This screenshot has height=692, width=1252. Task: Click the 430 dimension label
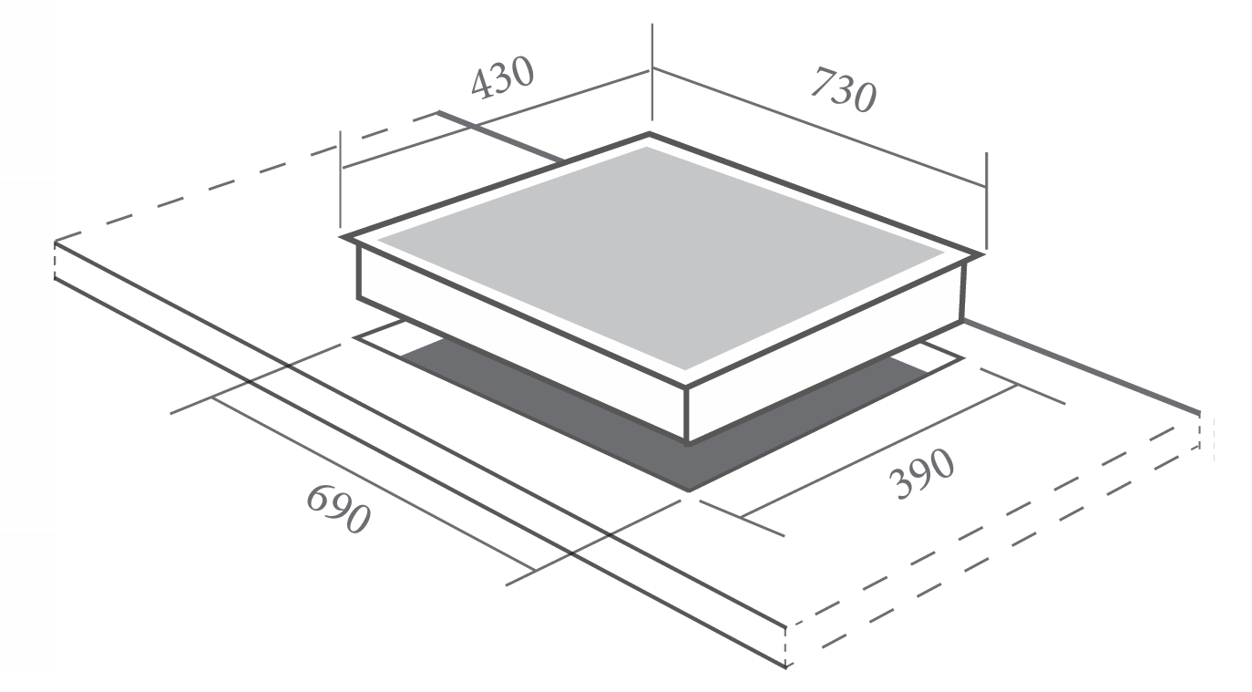(x=502, y=77)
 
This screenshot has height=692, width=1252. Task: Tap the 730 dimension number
(x=844, y=89)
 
